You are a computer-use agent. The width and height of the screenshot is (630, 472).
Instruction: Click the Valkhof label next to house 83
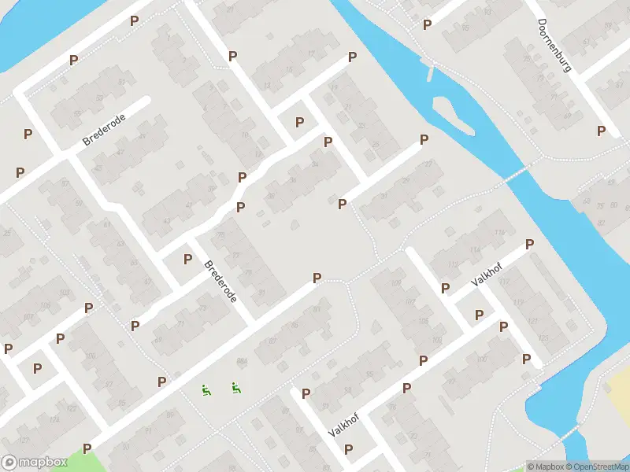[x=343, y=426]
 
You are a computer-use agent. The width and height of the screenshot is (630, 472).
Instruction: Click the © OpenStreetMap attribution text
[x=596, y=466]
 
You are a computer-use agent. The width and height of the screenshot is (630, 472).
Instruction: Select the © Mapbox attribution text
[x=544, y=466]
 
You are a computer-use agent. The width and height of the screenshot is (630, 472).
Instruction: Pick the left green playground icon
[x=206, y=389]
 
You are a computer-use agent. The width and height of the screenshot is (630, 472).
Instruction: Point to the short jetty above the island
[x=430, y=73]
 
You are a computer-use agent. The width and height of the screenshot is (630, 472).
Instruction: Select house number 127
[x=23, y=440]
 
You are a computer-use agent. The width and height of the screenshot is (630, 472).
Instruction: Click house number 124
[x=54, y=420]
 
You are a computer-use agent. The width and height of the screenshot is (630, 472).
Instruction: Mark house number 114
[x=476, y=250]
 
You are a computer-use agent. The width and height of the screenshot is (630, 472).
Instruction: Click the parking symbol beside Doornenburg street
[x=602, y=131]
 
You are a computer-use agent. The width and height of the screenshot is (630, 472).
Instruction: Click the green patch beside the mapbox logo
[x=91, y=459]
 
